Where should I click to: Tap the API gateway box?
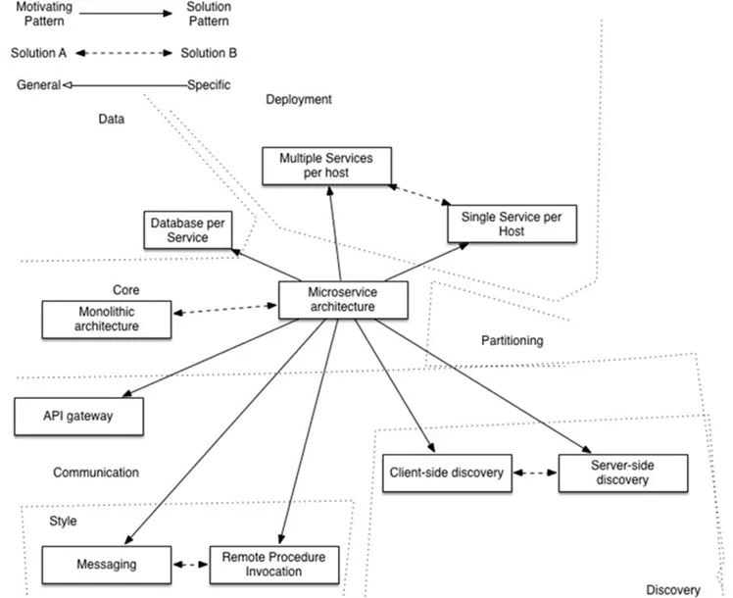(79, 416)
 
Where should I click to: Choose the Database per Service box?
(186, 230)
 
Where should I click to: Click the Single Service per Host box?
(511, 224)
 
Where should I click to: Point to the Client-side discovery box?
(446, 473)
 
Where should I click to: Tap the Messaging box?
(106, 564)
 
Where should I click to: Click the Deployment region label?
(299, 99)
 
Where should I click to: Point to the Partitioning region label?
(512, 340)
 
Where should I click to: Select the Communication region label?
(96, 472)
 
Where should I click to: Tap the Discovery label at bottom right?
(673, 590)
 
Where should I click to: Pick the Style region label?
(63, 521)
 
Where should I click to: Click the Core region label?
(125, 290)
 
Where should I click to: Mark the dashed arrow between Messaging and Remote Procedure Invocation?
(190, 565)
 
